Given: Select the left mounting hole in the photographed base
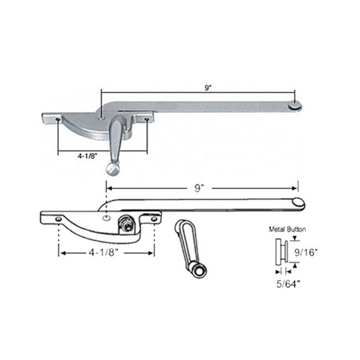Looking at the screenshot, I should click(x=56, y=119).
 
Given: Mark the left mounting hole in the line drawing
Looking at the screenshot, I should click(x=58, y=220).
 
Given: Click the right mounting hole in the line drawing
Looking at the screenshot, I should click(x=155, y=220).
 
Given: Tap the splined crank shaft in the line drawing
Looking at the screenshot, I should click(x=127, y=224).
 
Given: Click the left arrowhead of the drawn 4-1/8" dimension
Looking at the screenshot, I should click(x=61, y=253).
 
